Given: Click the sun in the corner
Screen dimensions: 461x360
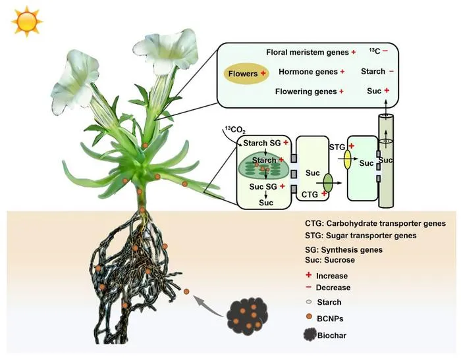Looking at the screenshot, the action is (x=27, y=22).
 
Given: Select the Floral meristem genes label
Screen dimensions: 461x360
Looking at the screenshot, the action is (x=308, y=52).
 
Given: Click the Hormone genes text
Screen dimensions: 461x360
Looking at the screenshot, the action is (x=308, y=72).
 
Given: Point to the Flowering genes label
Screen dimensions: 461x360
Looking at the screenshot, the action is (x=306, y=91).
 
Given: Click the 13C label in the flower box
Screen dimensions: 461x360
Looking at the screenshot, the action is (x=375, y=51).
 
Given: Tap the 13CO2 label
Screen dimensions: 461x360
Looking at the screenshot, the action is (x=235, y=130).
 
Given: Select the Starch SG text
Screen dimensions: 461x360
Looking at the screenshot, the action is (x=262, y=143).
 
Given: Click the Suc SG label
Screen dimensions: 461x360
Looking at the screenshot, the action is (x=263, y=187).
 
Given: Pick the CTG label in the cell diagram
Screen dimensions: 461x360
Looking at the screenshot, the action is (x=310, y=195).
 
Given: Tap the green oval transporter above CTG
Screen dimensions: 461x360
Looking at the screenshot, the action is (x=328, y=183).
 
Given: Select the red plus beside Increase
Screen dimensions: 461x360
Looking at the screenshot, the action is (x=308, y=275).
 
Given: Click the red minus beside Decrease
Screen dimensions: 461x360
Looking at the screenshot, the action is (x=308, y=287).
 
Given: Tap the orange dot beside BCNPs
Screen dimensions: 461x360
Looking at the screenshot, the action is (x=309, y=317).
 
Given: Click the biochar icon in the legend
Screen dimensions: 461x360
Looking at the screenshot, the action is (x=310, y=335).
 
